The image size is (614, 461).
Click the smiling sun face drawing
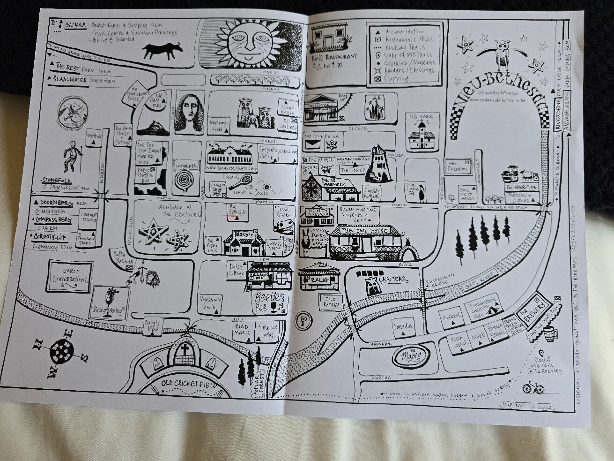(249, 45)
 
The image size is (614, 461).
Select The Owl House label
(365, 231)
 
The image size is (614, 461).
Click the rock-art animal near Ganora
(162, 48)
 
